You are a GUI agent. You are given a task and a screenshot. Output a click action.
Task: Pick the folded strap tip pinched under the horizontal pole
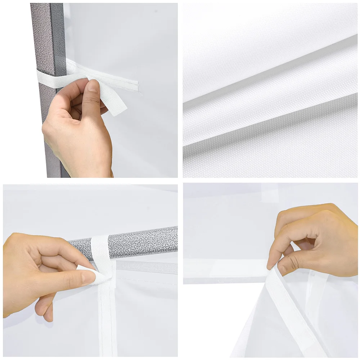pos(90,272)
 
